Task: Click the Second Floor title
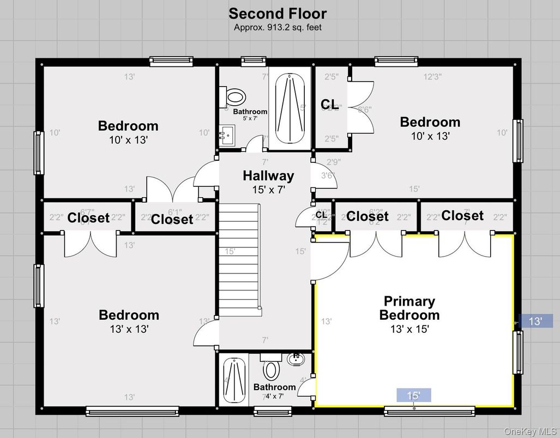coord(278,13)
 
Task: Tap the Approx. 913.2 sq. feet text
coord(278,27)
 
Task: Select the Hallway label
coord(268,176)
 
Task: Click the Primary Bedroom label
coord(409,308)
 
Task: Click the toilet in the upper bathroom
coord(234,98)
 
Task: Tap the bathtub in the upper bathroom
coord(290,107)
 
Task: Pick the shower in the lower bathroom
coord(233,379)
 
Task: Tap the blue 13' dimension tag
coord(535,321)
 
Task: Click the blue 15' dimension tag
coord(414,396)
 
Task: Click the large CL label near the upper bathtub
coord(329,104)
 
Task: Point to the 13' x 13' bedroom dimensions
coord(129,329)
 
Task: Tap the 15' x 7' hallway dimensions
coord(268,190)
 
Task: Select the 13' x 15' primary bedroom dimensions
coord(410,329)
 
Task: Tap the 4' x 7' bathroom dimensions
coord(275,396)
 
